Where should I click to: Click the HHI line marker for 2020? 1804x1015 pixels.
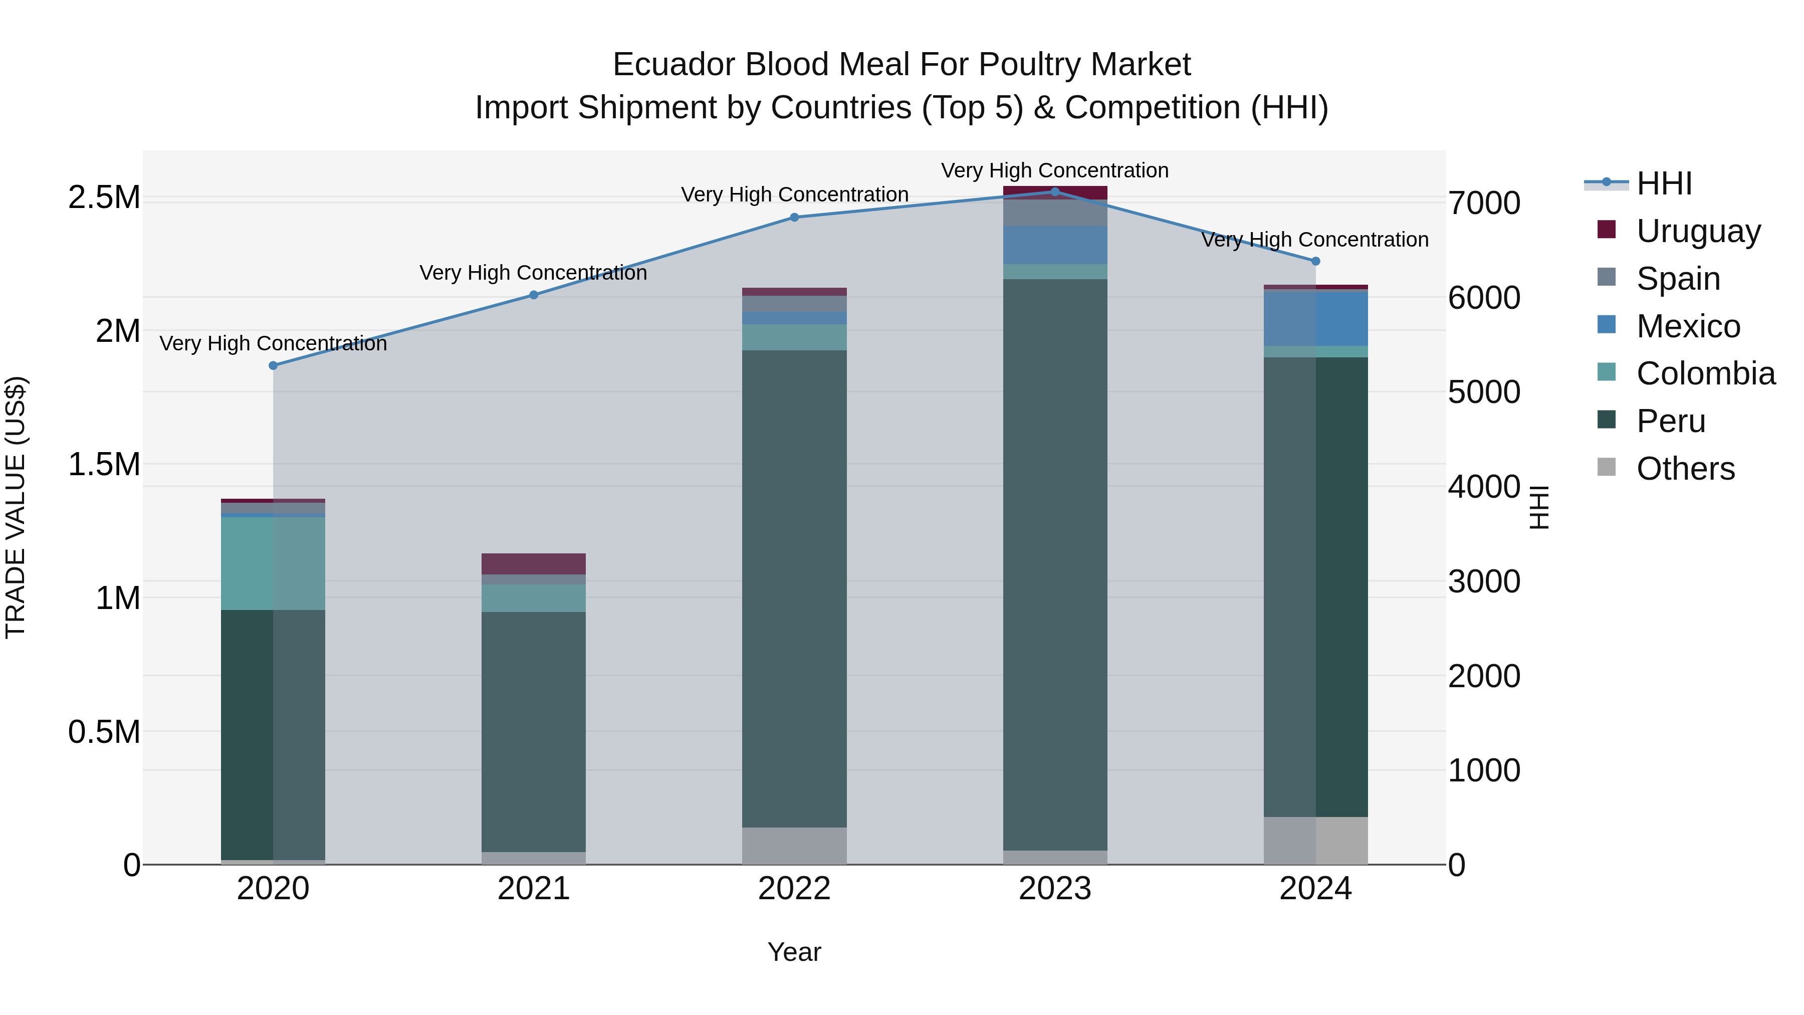(x=273, y=366)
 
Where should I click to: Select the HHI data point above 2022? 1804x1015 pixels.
(x=794, y=217)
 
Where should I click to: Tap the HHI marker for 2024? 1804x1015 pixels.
(x=1315, y=261)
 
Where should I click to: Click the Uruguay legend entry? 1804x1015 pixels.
(x=1698, y=231)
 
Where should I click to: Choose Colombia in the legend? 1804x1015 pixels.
(x=1705, y=373)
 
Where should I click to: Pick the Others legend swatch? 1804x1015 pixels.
(x=1607, y=467)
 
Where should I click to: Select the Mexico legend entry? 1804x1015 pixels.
(x=1688, y=326)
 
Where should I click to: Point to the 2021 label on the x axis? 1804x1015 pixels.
(x=534, y=889)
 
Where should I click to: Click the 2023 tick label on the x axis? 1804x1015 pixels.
(x=1055, y=889)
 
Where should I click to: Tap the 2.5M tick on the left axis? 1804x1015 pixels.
(x=104, y=197)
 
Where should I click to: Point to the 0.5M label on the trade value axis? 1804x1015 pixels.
(x=104, y=732)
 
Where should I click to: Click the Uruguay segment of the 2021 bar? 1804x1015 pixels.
(x=534, y=564)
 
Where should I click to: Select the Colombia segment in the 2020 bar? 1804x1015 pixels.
(x=273, y=563)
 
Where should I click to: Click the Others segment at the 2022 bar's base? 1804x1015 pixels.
(x=794, y=846)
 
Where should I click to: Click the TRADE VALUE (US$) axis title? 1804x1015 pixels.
(x=16, y=507)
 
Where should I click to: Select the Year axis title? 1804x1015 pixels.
(x=794, y=952)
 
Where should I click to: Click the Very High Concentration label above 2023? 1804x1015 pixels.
(x=1055, y=170)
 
